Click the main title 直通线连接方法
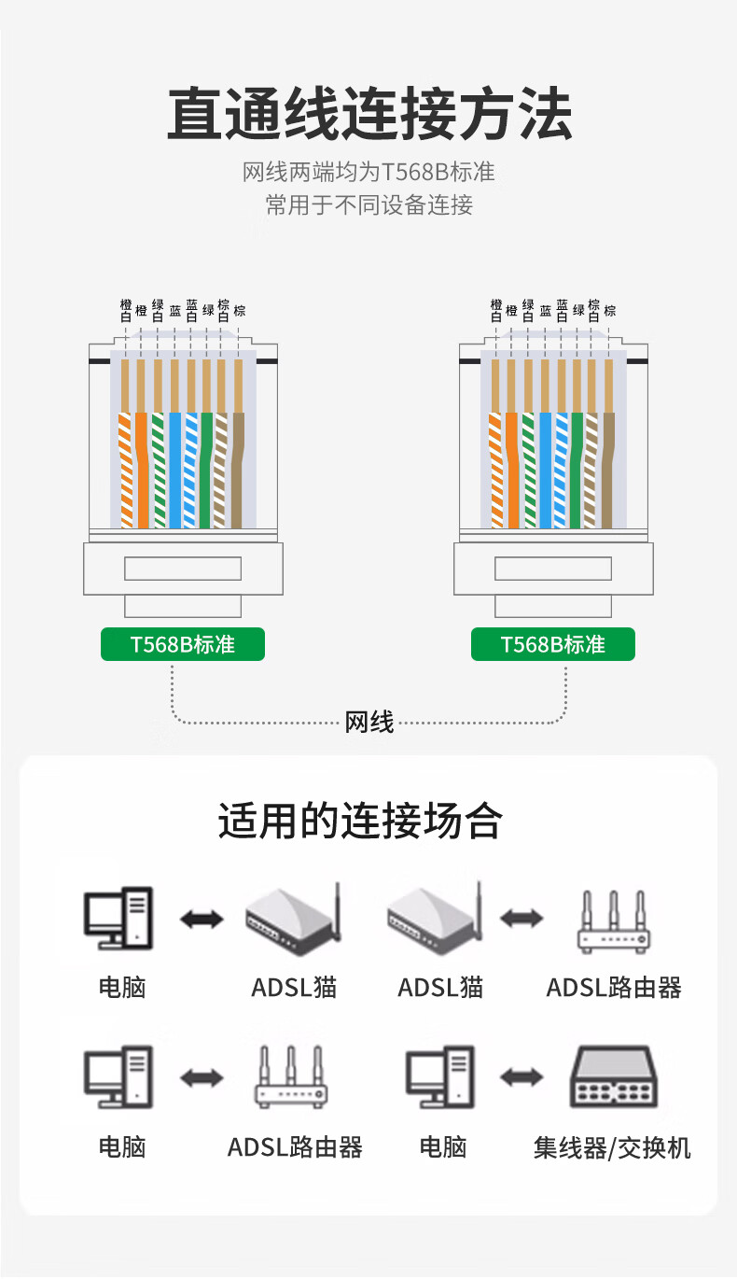368,114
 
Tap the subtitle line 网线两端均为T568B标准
368,172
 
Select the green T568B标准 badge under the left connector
183,644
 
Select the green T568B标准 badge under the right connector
552,644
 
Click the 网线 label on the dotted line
369,722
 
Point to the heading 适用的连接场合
360,822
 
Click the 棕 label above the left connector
240,311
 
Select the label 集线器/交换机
612,1147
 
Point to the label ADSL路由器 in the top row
614,987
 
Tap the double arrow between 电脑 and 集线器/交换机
521,1077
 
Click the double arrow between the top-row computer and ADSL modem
202,920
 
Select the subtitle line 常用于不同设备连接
368,205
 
